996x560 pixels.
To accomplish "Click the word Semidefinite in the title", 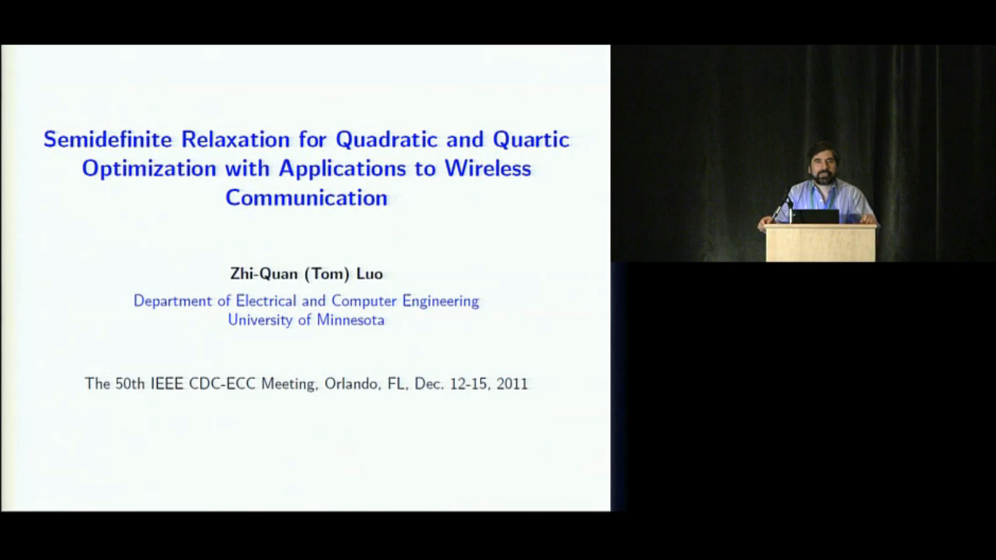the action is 108,139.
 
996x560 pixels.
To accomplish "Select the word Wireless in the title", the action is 488,169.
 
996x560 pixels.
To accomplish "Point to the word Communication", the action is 306,198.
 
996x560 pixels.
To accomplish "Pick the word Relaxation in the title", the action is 235,139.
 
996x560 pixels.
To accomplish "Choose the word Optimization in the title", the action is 149,169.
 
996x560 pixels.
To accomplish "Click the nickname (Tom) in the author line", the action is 327,274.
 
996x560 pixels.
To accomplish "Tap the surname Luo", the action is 370,274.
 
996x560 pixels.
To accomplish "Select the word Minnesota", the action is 350,320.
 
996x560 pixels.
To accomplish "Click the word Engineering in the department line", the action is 441,301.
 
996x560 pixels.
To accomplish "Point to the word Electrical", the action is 266,301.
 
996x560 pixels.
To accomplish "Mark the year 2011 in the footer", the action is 512,383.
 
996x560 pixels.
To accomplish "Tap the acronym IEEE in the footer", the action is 167,383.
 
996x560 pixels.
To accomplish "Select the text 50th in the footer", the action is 130,383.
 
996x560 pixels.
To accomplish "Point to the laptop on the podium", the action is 815,217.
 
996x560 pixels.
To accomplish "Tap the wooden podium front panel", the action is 821,245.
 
